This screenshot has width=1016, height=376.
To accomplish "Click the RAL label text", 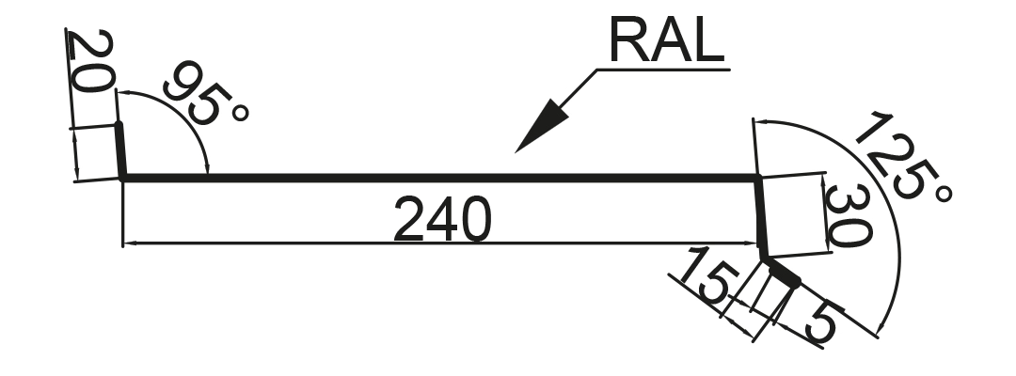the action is point(666,41).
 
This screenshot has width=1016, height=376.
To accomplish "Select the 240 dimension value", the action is point(442,219).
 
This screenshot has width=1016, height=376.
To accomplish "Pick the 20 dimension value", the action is point(90,61).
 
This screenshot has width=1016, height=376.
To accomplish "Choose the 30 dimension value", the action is point(848,215).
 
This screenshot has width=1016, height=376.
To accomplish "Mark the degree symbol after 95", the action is point(240,113).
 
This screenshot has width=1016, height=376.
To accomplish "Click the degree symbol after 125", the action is point(944,194).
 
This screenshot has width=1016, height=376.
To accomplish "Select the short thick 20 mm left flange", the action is point(120,149).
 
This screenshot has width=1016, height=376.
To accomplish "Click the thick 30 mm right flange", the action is point(761,217).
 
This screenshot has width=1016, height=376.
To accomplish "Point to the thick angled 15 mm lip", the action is point(782,271).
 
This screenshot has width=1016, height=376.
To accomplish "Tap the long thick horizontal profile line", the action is point(440,178).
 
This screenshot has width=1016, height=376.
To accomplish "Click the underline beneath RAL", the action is point(663,69).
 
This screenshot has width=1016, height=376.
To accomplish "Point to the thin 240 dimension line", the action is point(440,243).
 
